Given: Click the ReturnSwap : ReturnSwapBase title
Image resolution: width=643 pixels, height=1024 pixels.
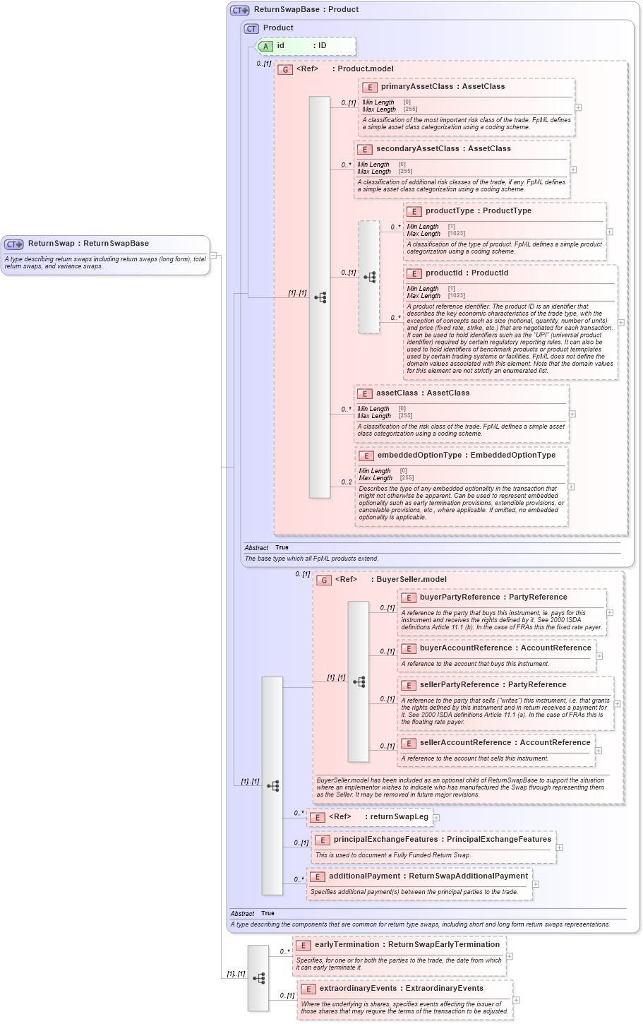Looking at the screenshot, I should tap(88, 244).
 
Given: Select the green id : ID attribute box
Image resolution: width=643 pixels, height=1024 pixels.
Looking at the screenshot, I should tap(305, 46).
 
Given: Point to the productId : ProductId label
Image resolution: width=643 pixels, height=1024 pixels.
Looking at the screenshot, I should tap(466, 273).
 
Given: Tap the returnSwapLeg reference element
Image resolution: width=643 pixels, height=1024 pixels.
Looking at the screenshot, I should tap(378, 817).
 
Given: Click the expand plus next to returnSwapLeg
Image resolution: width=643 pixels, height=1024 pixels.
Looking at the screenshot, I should tap(436, 818).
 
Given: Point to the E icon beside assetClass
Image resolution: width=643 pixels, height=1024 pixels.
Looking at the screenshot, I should tap(364, 394).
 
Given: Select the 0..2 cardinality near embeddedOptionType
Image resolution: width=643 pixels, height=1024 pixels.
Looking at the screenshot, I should tap(346, 482).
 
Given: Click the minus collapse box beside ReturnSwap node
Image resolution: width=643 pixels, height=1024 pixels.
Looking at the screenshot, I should tap(213, 256).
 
